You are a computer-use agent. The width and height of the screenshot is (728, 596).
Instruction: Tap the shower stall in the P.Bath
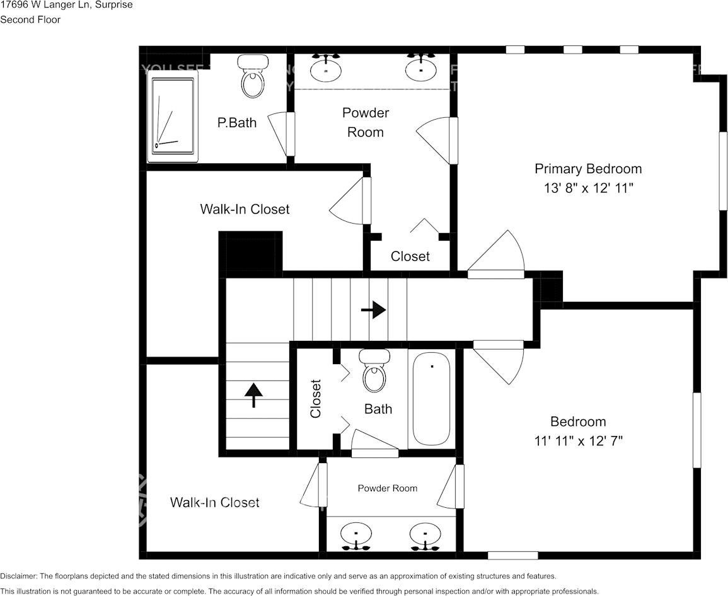tap(173, 116)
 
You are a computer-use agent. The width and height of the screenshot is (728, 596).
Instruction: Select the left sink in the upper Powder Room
tap(326, 68)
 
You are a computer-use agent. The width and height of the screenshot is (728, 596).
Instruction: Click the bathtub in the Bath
tap(431, 399)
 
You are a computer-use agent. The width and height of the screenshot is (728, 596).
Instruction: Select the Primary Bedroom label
tap(588, 169)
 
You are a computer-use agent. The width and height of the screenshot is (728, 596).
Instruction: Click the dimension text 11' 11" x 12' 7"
tap(578, 441)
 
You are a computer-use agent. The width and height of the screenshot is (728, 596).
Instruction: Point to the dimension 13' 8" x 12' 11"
tap(588, 188)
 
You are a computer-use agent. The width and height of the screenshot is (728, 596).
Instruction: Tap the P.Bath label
tap(237, 123)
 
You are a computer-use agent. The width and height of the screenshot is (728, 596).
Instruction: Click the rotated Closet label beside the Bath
tap(316, 399)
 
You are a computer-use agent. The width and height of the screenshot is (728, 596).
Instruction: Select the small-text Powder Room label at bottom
tap(387, 488)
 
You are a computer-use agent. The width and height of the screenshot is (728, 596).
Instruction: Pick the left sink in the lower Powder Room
tap(356, 536)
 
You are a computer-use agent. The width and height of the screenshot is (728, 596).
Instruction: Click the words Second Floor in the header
tap(30, 20)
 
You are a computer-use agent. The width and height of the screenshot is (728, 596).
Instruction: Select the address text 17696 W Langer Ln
tap(45, 5)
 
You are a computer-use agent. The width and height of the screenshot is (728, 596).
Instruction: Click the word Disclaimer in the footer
tap(19, 576)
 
